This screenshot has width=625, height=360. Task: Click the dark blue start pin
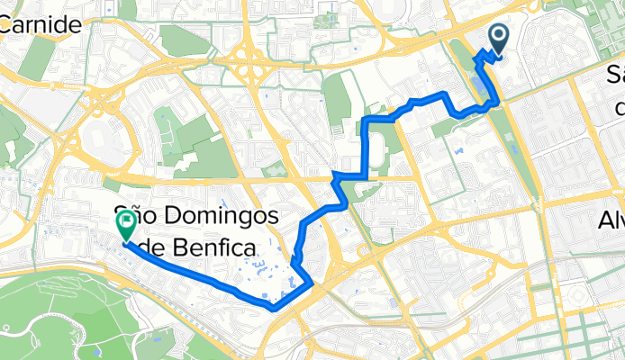point(498,36)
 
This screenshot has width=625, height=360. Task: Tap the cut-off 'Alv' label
point(611,220)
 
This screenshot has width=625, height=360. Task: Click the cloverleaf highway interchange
point(244,64)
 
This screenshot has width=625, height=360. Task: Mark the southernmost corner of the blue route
point(272,307)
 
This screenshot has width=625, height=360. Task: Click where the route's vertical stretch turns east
point(367,119)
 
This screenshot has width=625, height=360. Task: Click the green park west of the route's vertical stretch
point(336,99)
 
